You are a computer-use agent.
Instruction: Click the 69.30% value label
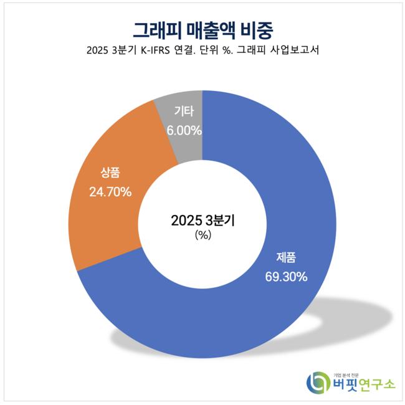(x=285, y=277)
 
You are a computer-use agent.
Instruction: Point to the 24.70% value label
(x=110, y=192)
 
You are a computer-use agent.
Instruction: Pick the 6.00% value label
(x=184, y=131)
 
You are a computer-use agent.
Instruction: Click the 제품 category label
(x=286, y=257)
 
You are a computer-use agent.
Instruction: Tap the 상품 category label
(x=110, y=173)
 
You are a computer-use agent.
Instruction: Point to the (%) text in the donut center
(x=202, y=236)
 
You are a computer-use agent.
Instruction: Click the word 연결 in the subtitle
(x=198, y=52)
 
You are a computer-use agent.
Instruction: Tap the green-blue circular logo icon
(x=317, y=381)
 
